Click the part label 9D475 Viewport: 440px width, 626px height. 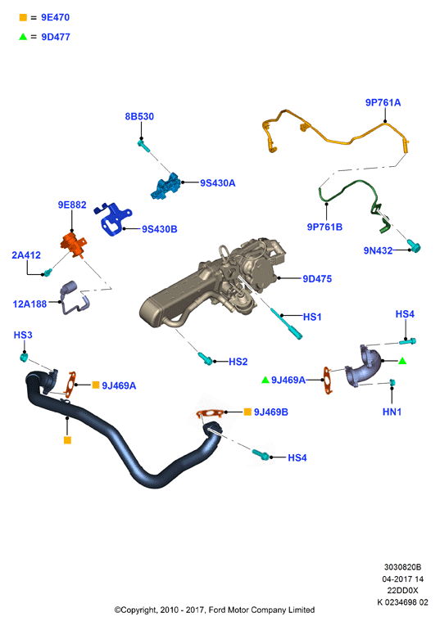(x=317, y=279)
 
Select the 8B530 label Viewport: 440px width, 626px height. (x=139, y=116)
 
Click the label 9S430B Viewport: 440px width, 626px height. (x=160, y=229)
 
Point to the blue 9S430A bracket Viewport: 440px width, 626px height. (x=165, y=187)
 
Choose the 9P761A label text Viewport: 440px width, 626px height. (x=383, y=102)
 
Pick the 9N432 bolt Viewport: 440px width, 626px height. (x=414, y=246)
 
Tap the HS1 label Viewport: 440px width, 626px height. (x=312, y=317)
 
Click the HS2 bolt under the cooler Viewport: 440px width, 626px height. (x=206, y=358)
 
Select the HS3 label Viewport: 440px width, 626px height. (x=23, y=335)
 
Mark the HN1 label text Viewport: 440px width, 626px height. (x=392, y=412)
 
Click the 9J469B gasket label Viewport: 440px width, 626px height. (x=271, y=412)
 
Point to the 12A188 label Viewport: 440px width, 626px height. (x=29, y=304)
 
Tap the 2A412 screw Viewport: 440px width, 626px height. (x=48, y=272)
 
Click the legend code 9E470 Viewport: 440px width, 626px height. (x=55, y=17)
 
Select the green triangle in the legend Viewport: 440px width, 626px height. (x=23, y=37)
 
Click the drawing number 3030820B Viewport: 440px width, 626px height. (x=402, y=567)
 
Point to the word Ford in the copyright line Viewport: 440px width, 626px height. (x=217, y=610)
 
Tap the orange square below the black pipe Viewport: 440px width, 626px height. (x=67, y=440)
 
